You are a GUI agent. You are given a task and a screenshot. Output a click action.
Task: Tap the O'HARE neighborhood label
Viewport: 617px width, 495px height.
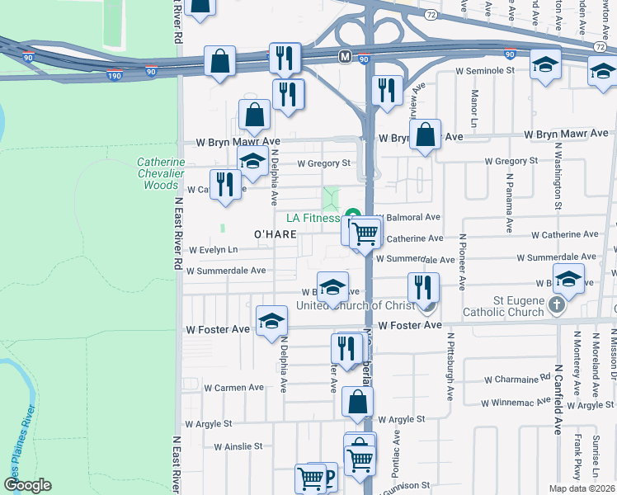pos(276,235)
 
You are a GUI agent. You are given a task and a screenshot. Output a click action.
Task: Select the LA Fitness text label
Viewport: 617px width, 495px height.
pos(313,219)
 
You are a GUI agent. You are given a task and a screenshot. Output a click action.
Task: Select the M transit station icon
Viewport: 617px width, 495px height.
pos(344,56)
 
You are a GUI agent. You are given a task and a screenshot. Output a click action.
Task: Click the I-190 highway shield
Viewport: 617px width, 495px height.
pos(115,75)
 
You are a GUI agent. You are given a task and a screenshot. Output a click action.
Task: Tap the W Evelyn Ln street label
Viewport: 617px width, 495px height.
pos(213,250)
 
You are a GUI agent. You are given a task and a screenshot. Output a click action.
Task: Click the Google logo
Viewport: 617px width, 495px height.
pos(27,485)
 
